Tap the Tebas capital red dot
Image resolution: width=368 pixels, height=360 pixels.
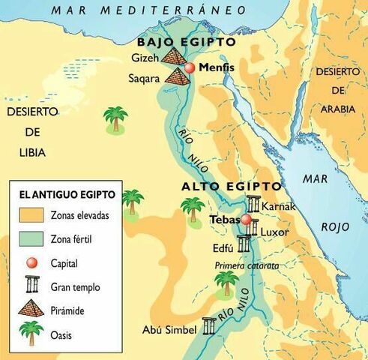click(247, 220)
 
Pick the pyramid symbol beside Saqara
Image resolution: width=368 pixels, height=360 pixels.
click(178, 76)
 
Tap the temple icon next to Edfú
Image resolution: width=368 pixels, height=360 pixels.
click(244, 243)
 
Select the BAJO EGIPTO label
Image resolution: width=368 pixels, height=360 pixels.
click(185, 42)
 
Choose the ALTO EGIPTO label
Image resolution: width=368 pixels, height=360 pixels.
click(232, 186)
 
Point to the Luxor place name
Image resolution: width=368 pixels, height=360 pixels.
click(274, 232)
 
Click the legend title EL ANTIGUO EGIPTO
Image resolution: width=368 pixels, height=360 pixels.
click(67, 195)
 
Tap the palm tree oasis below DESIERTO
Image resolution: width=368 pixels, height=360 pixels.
click(115, 119)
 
